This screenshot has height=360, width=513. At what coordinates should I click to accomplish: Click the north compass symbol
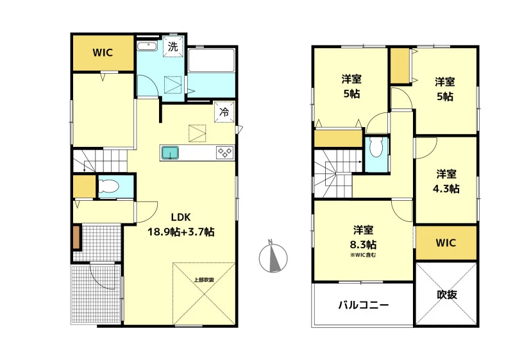273,257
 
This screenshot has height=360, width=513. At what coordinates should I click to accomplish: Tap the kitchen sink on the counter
170,153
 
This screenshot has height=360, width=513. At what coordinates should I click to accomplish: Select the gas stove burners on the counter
225,153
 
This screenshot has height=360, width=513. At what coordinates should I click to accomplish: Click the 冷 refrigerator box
224,112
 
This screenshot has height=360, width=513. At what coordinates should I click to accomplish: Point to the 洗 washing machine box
172,46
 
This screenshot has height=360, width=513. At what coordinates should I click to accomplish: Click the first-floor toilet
108,187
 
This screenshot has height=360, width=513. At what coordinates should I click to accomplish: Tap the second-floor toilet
376,148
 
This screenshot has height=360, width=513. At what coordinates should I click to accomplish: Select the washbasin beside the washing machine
147,46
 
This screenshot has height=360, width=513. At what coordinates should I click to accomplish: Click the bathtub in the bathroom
212,60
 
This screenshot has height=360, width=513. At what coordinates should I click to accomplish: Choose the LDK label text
181,217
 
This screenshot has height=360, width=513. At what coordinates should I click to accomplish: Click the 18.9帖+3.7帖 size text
181,232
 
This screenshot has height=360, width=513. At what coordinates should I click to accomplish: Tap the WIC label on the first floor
103,53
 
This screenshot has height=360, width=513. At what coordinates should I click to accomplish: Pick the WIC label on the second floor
446,243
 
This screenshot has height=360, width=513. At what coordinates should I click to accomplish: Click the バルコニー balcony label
364,305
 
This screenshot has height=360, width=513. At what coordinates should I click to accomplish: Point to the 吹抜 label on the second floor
447,294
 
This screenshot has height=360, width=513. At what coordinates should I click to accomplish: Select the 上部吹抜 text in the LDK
204,280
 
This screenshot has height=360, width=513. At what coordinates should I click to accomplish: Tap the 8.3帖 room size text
363,244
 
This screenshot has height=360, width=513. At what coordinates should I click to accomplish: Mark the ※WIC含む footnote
363,255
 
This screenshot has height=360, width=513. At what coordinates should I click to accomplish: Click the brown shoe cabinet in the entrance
76,237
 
